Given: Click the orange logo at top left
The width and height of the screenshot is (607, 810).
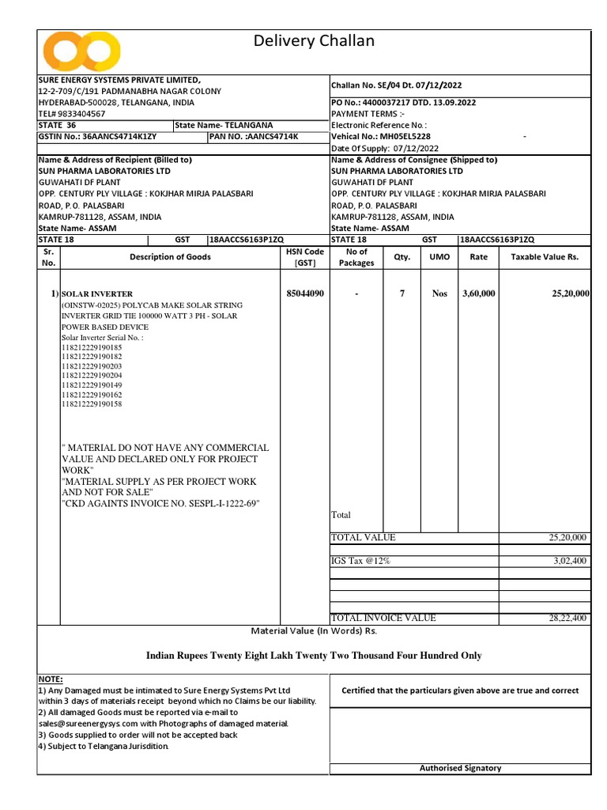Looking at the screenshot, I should tap(81, 51).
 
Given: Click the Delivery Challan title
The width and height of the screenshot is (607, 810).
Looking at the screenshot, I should tap(314, 41).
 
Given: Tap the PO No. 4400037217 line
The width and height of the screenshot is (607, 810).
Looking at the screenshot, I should tap(403, 103).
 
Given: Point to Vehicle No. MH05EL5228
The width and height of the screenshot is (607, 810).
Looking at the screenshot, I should tap(381, 136).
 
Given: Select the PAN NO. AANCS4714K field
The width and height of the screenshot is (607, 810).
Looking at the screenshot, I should tap(254, 136).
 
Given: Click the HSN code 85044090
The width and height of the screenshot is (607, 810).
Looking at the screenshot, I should tap(304, 293).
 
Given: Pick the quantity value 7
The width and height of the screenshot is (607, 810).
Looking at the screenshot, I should tap(402, 293).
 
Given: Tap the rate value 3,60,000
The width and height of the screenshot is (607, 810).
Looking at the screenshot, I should tap(478, 293).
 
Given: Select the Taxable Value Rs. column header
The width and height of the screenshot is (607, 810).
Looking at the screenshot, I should tap(545, 257).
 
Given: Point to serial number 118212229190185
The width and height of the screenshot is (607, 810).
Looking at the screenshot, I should tap(92, 347).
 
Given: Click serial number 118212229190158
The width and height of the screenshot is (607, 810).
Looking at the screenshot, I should tap(92, 404).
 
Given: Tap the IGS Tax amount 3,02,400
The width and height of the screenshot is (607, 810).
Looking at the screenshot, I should tap(568, 561).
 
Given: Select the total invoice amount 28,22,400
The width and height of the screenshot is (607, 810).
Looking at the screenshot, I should tap(568, 618).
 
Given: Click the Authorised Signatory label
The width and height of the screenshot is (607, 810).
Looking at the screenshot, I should tap(460, 768).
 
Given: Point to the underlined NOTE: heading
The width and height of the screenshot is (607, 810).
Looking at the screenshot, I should tap(51, 679).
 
